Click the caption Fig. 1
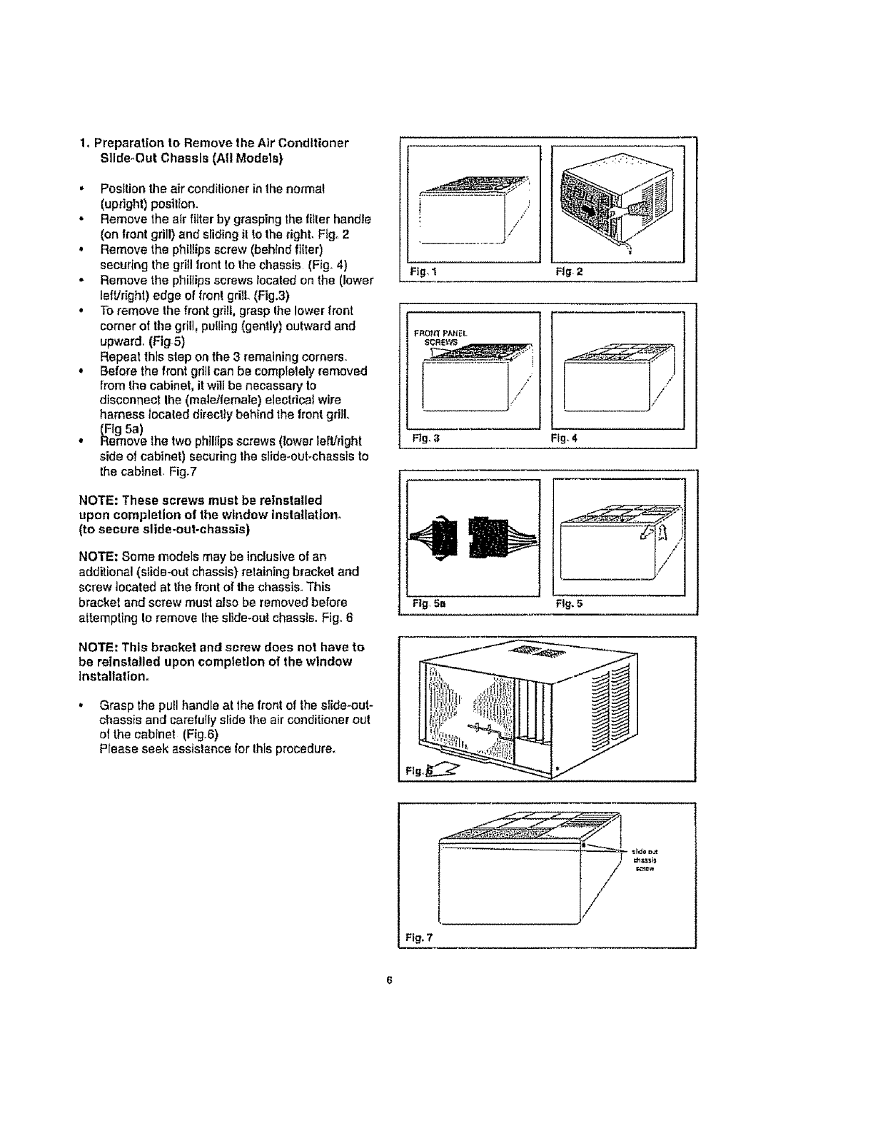click(418, 272)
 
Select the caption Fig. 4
click(561, 438)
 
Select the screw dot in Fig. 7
click(584, 845)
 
